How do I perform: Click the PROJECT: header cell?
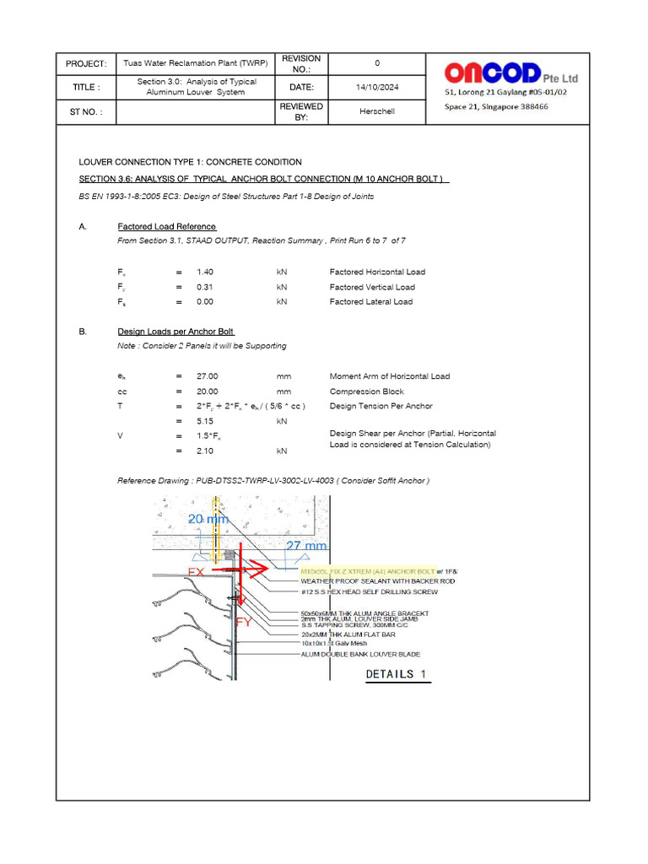[85, 64]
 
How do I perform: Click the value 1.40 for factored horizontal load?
[205, 272]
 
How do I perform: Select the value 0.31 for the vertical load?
[205, 287]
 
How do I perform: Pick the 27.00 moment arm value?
[207, 376]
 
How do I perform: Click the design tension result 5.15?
[205, 421]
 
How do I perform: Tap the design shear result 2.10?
[205, 451]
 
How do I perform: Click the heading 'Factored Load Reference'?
[167, 227]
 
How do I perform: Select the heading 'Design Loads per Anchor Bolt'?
[175, 332]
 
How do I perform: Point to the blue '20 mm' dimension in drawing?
[208, 520]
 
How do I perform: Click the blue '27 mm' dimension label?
[305, 546]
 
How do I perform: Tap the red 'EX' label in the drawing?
[197, 572]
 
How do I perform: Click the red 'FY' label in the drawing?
[244, 622]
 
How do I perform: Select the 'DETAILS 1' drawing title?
[397, 674]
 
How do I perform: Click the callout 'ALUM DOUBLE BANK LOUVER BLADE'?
[360, 654]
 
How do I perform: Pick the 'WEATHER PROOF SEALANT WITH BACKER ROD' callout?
[377, 580]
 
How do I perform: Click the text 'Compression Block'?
[366, 391]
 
